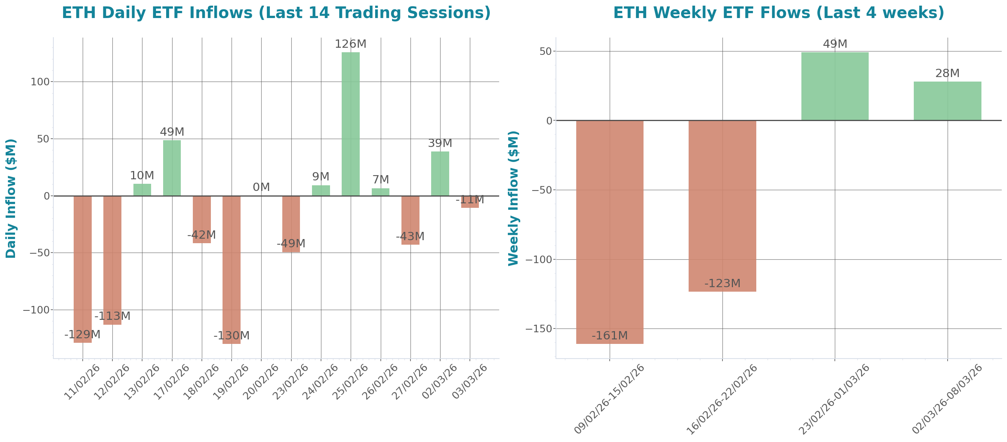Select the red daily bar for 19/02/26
tap(232, 269)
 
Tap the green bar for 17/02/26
tap(172, 168)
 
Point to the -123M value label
tap(722, 283)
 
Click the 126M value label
tap(350, 44)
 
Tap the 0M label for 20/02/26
tap(261, 187)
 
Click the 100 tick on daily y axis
tap(40, 82)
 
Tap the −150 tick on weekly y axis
tap(538, 328)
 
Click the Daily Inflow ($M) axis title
tap(11, 198)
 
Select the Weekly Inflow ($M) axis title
tap(513, 198)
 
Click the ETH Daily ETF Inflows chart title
tap(276, 13)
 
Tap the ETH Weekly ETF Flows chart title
tap(778, 13)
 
